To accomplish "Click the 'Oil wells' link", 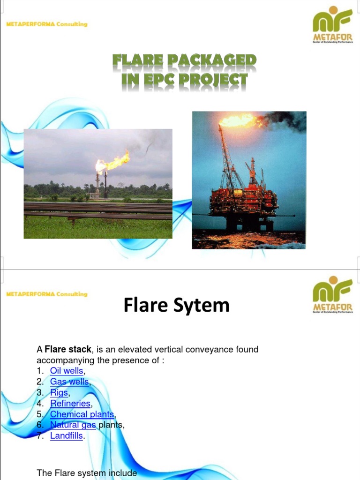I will click(x=67, y=371).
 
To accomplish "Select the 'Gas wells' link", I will click(x=69, y=382).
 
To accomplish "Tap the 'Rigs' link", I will click(x=59, y=393).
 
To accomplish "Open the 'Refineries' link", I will click(x=70, y=404).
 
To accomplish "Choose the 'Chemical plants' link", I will click(x=82, y=414).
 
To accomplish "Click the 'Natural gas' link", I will click(x=73, y=425).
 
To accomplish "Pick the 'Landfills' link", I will click(x=67, y=436).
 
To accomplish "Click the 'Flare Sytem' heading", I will click(x=177, y=306).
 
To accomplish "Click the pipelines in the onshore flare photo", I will click(x=97, y=210).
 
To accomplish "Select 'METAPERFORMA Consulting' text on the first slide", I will click(x=47, y=24).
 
